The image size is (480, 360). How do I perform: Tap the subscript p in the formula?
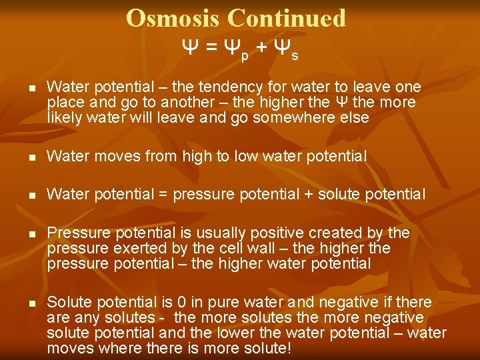(x=245, y=57)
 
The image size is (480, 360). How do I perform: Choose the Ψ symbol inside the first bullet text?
(x=340, y=103)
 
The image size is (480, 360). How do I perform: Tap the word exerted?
(x=131, y=248)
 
